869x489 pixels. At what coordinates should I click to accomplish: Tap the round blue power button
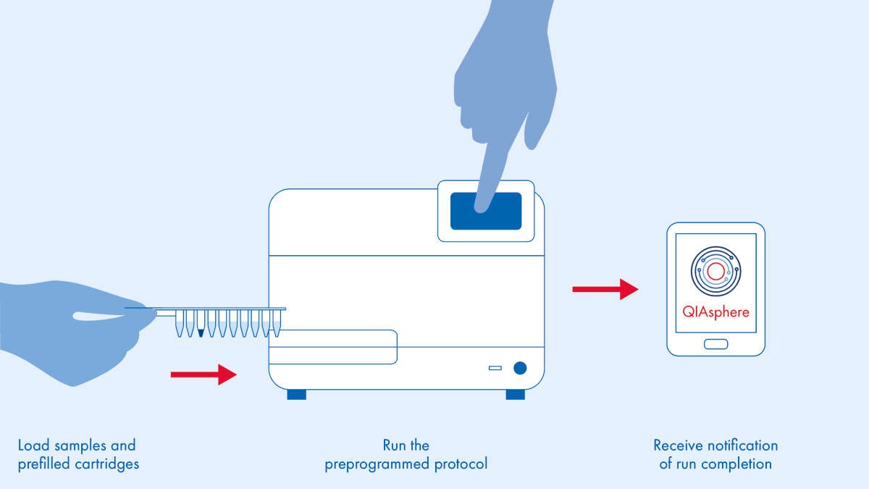click(519, 368)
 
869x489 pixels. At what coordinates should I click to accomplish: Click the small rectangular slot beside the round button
click(495, 368)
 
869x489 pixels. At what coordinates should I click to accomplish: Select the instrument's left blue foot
click(296, 394)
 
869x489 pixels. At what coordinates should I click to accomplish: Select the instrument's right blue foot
click(515, 394)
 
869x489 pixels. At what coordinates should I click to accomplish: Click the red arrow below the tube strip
click(203, 375)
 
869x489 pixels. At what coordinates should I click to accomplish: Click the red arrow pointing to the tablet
click(605, 289)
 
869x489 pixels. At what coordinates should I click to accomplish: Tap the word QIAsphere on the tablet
click(715, 312)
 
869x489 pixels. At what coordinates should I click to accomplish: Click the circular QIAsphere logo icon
click(715, 272)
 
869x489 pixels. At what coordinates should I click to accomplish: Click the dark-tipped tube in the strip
click(201, 325)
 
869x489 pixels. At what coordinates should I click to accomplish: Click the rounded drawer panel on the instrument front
click(333, 346)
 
